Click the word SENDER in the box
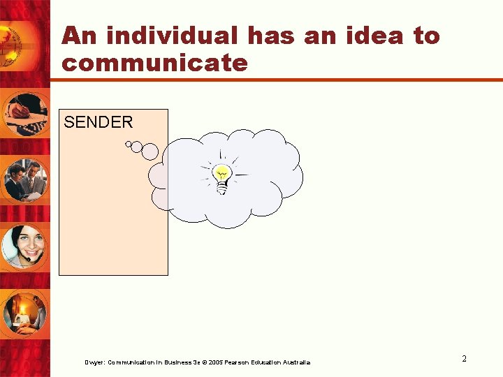(98, 122)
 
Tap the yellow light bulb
(221, 177)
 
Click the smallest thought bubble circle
(128, 145)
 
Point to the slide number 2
(464, 359)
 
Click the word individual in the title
(168, 36)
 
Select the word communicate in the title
(154, 63)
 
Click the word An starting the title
(77, 36)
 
